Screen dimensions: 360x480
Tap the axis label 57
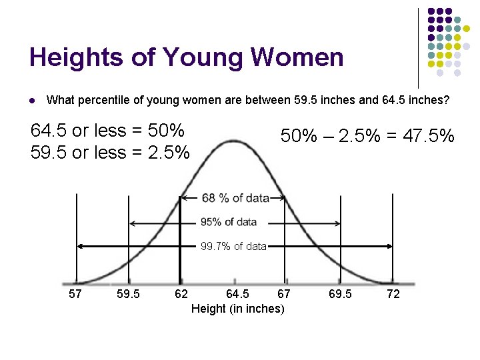coord(75,294)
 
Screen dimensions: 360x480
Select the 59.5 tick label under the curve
coord(128,294)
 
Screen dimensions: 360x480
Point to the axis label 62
coord(181,294)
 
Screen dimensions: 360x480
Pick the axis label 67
coord(284,294)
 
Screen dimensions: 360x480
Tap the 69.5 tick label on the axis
coord(341,294)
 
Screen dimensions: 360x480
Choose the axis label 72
coord(393,294)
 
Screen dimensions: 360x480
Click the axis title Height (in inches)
coord(237,309)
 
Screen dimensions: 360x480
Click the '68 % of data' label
coord(235,198)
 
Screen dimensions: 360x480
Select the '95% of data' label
coord(229,222)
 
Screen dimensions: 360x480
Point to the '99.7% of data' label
coord(234,247)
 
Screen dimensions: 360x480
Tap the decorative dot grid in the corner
coord(449,43)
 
